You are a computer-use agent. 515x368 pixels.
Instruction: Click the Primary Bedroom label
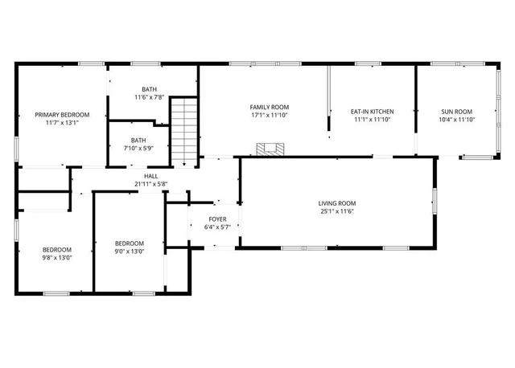(x=62, y=115)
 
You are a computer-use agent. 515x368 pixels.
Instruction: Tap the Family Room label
(x=269, y=107)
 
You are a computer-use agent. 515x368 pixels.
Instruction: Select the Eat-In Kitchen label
(x=372, y=111)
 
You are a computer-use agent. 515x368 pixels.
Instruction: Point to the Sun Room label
(x=456, y=112)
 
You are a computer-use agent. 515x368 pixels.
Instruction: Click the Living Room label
(x=337, y=202)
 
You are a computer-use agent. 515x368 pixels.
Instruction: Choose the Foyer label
(x=218, y=219)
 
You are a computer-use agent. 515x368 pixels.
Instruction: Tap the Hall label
(x=151, y=175)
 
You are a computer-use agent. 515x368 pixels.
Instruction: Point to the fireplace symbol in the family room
(x=270, y=149)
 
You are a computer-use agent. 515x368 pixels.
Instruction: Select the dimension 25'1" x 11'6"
(x=337, y=211)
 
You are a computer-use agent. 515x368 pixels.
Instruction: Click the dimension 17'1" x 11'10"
(x=269, y=116)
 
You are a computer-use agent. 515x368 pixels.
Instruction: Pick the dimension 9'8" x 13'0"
(x=57, y=258)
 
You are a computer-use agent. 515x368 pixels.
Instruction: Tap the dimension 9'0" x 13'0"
(x=129, y=252)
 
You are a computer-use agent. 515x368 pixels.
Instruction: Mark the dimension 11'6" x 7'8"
(x=150, y=97)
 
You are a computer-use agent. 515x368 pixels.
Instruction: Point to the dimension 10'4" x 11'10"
(x=456, y=120)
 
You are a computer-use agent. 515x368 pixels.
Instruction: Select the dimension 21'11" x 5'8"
(x=151, y=183)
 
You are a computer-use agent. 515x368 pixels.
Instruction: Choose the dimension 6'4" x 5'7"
(x=218, y=227)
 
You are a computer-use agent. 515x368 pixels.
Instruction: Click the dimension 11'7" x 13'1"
(x=62, y=123)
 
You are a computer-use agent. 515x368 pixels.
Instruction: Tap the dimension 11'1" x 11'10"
(x=372, y=120)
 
